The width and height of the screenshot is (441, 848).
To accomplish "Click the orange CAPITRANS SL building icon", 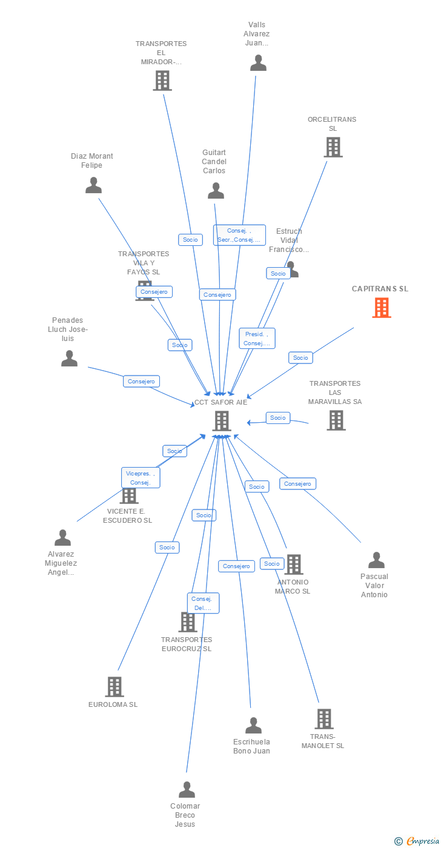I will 382,308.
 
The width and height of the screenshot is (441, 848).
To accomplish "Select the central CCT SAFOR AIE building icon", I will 222,420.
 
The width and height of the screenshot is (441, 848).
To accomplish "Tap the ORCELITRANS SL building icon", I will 333,147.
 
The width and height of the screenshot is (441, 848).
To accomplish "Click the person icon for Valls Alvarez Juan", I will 258,63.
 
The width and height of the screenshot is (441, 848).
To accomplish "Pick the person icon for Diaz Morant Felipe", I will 93,185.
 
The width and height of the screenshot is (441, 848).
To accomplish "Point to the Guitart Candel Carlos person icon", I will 216,191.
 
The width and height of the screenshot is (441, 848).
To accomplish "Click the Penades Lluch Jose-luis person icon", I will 69,359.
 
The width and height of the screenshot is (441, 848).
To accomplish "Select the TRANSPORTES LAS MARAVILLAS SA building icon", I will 336,420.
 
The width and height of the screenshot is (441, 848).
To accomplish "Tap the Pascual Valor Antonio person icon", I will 376,560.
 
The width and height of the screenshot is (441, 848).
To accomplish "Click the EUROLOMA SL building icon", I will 114,687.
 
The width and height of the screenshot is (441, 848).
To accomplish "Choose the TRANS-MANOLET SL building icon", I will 324,719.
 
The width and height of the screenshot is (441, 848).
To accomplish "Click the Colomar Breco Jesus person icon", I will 187,790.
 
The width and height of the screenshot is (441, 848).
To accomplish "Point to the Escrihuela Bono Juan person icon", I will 253,725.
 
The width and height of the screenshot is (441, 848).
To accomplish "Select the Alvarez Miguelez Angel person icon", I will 62,538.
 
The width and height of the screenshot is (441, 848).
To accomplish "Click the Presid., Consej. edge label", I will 257,339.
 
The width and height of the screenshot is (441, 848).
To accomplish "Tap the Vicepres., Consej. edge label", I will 140,478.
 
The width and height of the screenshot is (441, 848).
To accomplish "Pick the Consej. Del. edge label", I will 203,603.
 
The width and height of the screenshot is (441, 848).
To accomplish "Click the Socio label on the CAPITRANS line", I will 300,358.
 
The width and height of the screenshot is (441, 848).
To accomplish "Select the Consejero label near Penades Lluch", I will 142,382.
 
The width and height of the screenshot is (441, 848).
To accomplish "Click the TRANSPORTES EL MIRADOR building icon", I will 162,81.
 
